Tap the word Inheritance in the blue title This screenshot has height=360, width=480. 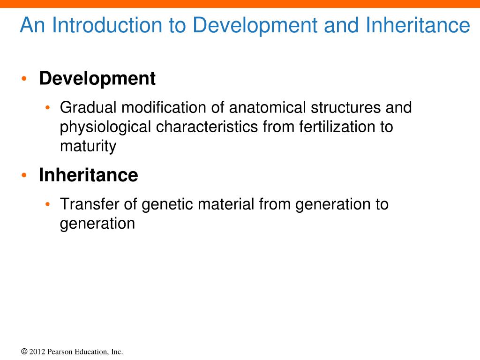418,25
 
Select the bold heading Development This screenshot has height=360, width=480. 97,79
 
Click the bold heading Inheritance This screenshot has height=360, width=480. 89,175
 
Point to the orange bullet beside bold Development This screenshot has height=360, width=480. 24,79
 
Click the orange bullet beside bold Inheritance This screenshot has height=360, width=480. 24,175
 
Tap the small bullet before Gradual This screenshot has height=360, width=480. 47,107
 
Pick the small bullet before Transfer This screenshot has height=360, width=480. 47,204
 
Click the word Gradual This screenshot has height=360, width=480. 88,107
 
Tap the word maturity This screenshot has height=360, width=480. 88,147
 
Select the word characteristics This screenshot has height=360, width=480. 207,127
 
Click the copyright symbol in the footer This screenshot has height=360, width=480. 24,352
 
